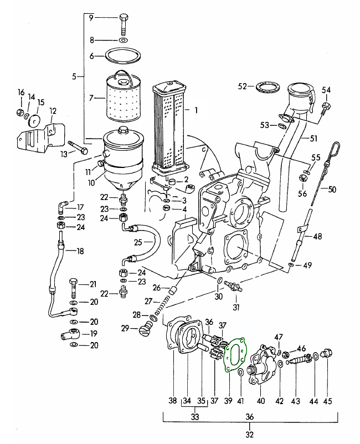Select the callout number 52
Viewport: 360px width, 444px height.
click(242, 86)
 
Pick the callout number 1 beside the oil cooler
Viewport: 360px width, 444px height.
click(195, 110)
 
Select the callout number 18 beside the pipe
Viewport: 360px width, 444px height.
click(80, 251)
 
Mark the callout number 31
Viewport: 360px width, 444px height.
click(236, 308)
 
